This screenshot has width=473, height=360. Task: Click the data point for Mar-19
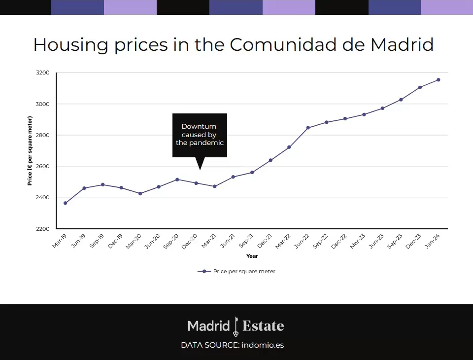(x=66, y=203)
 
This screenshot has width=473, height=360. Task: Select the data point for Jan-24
(x=439, y=80)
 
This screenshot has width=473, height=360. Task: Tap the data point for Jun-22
(x=308, y=128)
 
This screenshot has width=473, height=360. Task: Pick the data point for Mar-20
(x=140, y=193)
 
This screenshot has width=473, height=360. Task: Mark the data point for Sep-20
(x=177, y=180)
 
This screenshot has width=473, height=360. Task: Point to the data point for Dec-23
(x=420, y=88)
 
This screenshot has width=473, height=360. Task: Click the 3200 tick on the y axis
(x=43, y=73)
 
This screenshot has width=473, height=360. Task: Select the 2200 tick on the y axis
(x=43, y=229)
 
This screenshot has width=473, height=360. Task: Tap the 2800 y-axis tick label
(x=43, y=135)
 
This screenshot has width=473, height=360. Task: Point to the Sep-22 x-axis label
(x=321, y=241)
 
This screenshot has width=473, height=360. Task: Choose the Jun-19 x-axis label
(x=78, y=241)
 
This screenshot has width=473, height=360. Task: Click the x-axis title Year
(x=252, y=256)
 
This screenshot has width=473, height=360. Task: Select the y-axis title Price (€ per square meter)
(x=30, y=150)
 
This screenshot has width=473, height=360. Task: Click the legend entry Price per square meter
(x=244, y=271)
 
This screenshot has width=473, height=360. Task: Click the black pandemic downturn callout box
(x=200, y=135)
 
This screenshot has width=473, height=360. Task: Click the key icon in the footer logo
(x=236, y=326)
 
